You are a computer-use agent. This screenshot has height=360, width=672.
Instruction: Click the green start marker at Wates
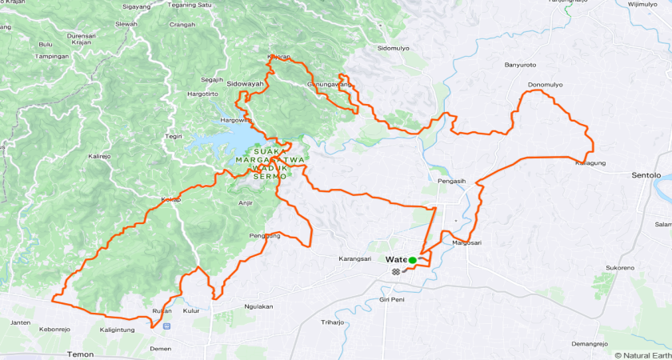click(x=413, y=260)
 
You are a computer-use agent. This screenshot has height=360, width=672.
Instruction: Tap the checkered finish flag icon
click(x=395, y=272)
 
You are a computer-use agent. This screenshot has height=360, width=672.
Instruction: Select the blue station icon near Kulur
click(x=166, y=326)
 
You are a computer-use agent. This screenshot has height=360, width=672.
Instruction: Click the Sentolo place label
click(x=646, y=174)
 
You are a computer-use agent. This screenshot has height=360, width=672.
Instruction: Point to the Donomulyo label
click(x=545, y=85)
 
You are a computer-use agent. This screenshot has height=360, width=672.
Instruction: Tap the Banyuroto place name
click(x=520, y=65)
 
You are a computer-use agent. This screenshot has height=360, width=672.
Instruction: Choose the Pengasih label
click(x=451, y=181)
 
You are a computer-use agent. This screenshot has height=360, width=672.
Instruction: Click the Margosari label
click(x=466, y=242)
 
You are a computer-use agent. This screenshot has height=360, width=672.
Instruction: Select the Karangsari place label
click(x=356, y=259)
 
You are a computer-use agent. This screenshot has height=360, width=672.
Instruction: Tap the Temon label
click(x=80, y=354)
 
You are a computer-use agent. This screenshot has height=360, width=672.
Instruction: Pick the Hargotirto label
click(x=202, y=94)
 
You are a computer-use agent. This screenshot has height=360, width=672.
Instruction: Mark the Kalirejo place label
click(x=99, y=157)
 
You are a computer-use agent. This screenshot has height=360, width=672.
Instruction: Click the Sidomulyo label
click(x=393, y=48)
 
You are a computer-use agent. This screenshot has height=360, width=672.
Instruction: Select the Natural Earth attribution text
click(x=642, y=354)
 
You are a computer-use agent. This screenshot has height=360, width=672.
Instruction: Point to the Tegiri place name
click(x=174, y=136)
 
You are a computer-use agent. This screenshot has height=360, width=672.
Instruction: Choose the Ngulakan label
click(x=258, y=306)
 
